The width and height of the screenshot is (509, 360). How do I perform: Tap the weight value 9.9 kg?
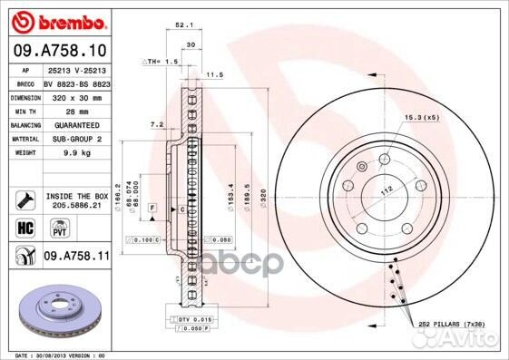click(x=70, y=152)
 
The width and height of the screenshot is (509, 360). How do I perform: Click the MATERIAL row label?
click(x=24, y=139)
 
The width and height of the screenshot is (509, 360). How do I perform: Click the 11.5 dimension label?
click(x=216, y=74)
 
